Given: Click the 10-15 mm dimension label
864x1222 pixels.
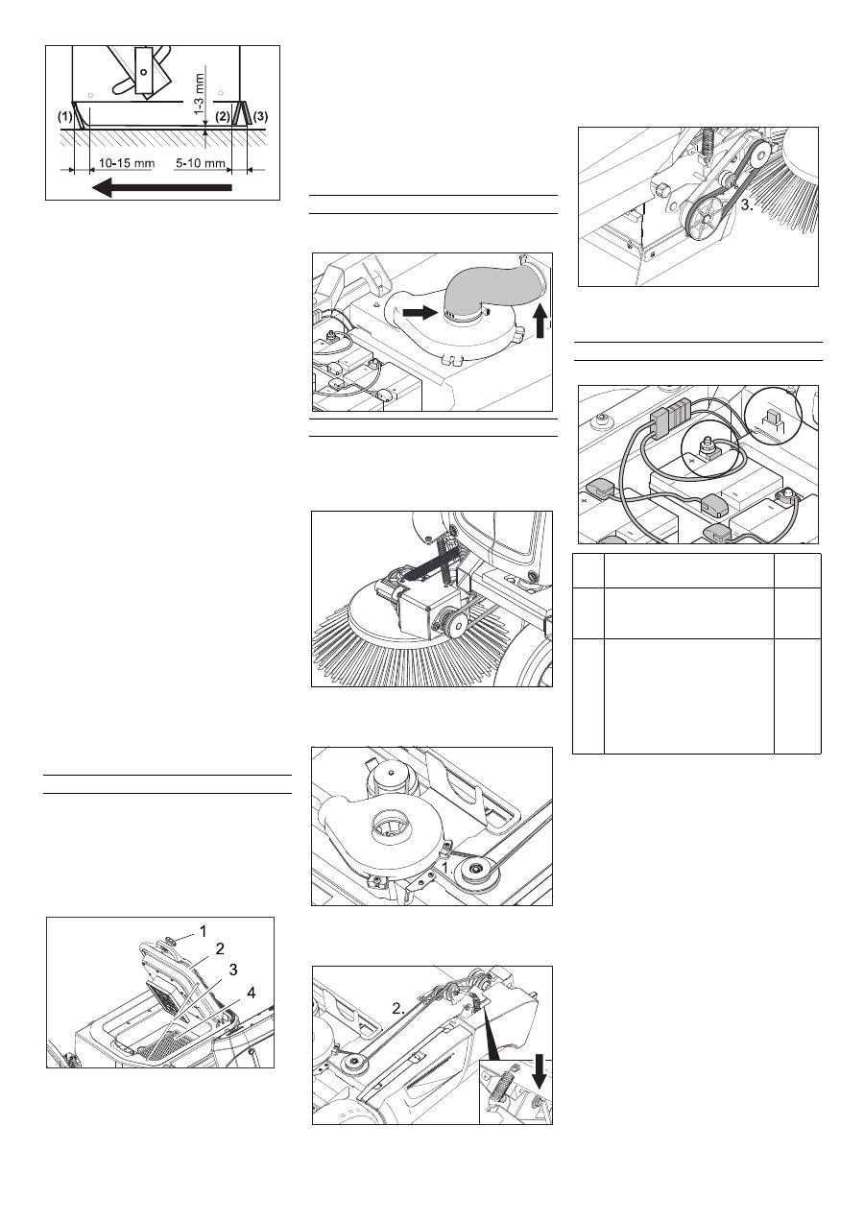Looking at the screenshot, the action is coord(127,163).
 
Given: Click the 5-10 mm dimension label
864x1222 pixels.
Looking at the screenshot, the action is coord(201,163).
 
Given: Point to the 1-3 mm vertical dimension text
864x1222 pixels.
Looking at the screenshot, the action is coord(200,94).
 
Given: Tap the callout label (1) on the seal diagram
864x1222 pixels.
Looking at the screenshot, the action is coord(65,116).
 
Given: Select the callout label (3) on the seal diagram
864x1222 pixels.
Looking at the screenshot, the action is coord(261,116).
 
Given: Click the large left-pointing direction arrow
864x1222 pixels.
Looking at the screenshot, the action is coord(162,187).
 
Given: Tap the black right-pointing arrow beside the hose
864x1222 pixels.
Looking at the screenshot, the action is coord(420,312).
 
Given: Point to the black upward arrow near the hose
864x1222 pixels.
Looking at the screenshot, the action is coord(540,322).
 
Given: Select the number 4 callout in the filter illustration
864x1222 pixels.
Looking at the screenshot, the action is coord(251,993).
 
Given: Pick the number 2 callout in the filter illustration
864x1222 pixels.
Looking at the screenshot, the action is coord(220,948).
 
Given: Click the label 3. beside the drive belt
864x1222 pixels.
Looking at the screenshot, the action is coord(748,205).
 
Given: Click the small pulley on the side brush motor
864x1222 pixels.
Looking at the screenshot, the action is coord(455,622).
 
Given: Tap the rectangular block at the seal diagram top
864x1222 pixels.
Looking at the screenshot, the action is coord(143,69).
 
